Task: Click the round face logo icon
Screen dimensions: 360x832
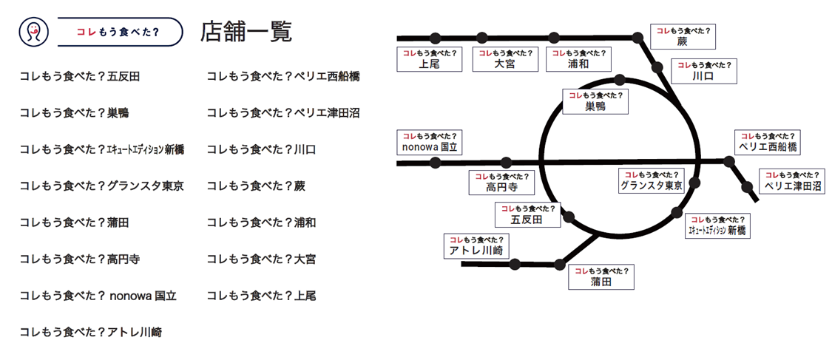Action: tap(31, 32)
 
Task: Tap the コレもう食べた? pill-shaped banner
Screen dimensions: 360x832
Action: tap(119, 32)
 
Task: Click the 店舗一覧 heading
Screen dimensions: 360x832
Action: tap(246, 32)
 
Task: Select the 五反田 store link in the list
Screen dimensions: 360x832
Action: tap(79, 76)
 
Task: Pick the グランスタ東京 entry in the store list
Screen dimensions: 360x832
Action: tap(101, 186)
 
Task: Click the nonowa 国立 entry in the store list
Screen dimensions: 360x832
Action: tap(98, 296)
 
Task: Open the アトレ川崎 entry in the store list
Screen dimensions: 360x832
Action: tap(90, 333)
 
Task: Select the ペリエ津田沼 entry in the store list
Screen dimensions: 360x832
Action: tap(283, 112)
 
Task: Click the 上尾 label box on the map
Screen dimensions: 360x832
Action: tap(429, 59)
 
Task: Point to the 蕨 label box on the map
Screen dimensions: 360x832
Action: tap(682, 36)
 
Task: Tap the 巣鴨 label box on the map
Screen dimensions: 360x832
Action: tap(595, 101)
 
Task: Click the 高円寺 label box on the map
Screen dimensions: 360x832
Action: tap(501, 183)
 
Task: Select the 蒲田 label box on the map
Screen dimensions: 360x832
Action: tap(601, 276)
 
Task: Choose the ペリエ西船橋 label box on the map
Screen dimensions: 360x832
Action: tap(768, 142)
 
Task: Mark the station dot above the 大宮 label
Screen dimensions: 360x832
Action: tap(482, 37)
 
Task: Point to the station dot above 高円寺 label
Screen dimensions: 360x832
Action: tap(506, 162)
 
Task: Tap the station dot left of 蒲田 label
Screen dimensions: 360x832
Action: tap(560, 264)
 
